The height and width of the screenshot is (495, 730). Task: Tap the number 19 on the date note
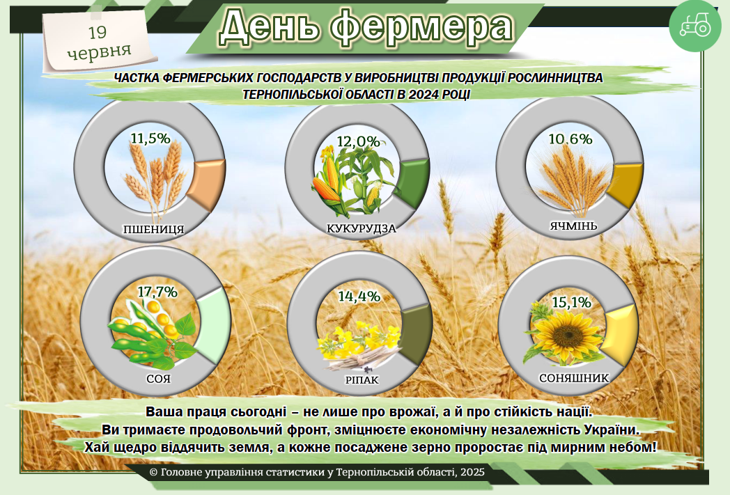tap(98, 32)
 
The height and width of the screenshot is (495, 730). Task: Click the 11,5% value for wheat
tap(150, 138)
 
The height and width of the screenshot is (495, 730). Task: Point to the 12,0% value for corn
tap(359, 141)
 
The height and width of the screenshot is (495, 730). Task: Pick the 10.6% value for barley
tap(570, 139)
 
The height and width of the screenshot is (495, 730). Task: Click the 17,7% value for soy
tap(157, 292)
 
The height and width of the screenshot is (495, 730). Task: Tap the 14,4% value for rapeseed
tap(359, 297)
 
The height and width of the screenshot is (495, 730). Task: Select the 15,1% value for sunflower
tap(572, 302)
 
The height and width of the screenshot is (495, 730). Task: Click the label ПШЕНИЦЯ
tap(154, 229)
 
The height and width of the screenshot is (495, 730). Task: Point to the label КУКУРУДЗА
tap(362, 228)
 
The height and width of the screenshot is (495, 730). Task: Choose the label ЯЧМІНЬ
tap(573, 226)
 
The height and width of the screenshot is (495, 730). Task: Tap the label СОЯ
tap(158, 379)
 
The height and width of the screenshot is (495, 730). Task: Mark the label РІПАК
tap(362, 380)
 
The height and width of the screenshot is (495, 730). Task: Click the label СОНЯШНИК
tap(574, 378)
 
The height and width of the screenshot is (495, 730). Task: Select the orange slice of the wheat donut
tap(208, 183)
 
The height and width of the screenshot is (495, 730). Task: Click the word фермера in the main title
tap(421, 26)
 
